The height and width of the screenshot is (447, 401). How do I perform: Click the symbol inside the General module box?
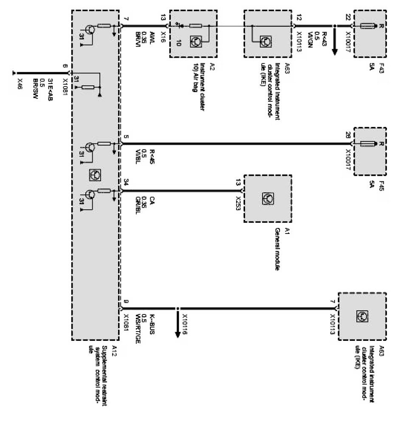268,198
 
